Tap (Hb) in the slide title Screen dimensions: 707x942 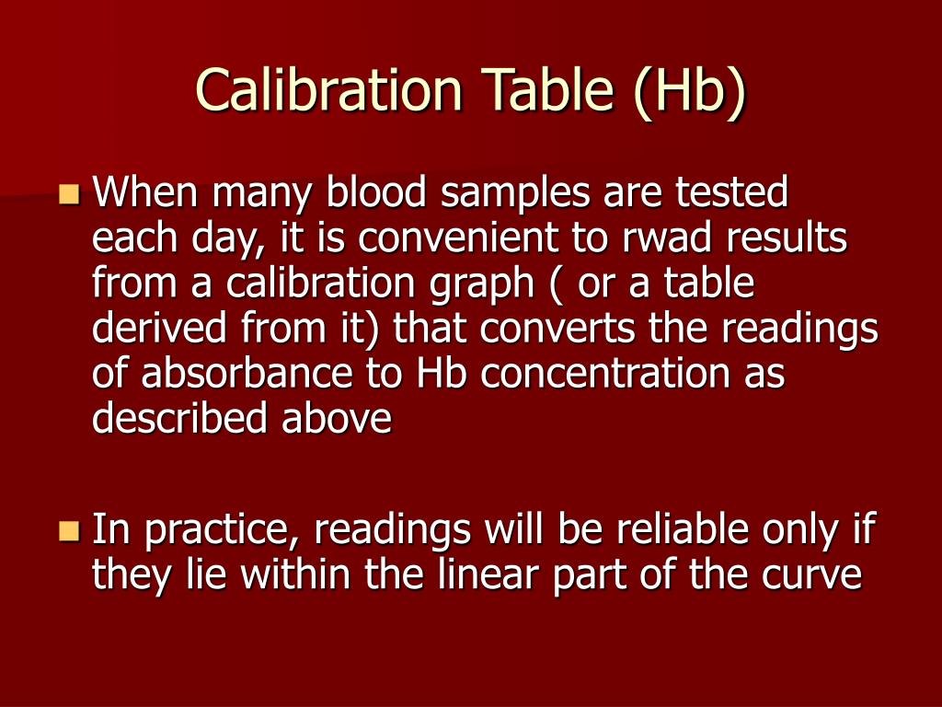coord(689,92)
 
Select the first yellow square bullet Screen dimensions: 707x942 coord(68,194)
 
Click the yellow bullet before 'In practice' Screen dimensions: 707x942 coord(68,530)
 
